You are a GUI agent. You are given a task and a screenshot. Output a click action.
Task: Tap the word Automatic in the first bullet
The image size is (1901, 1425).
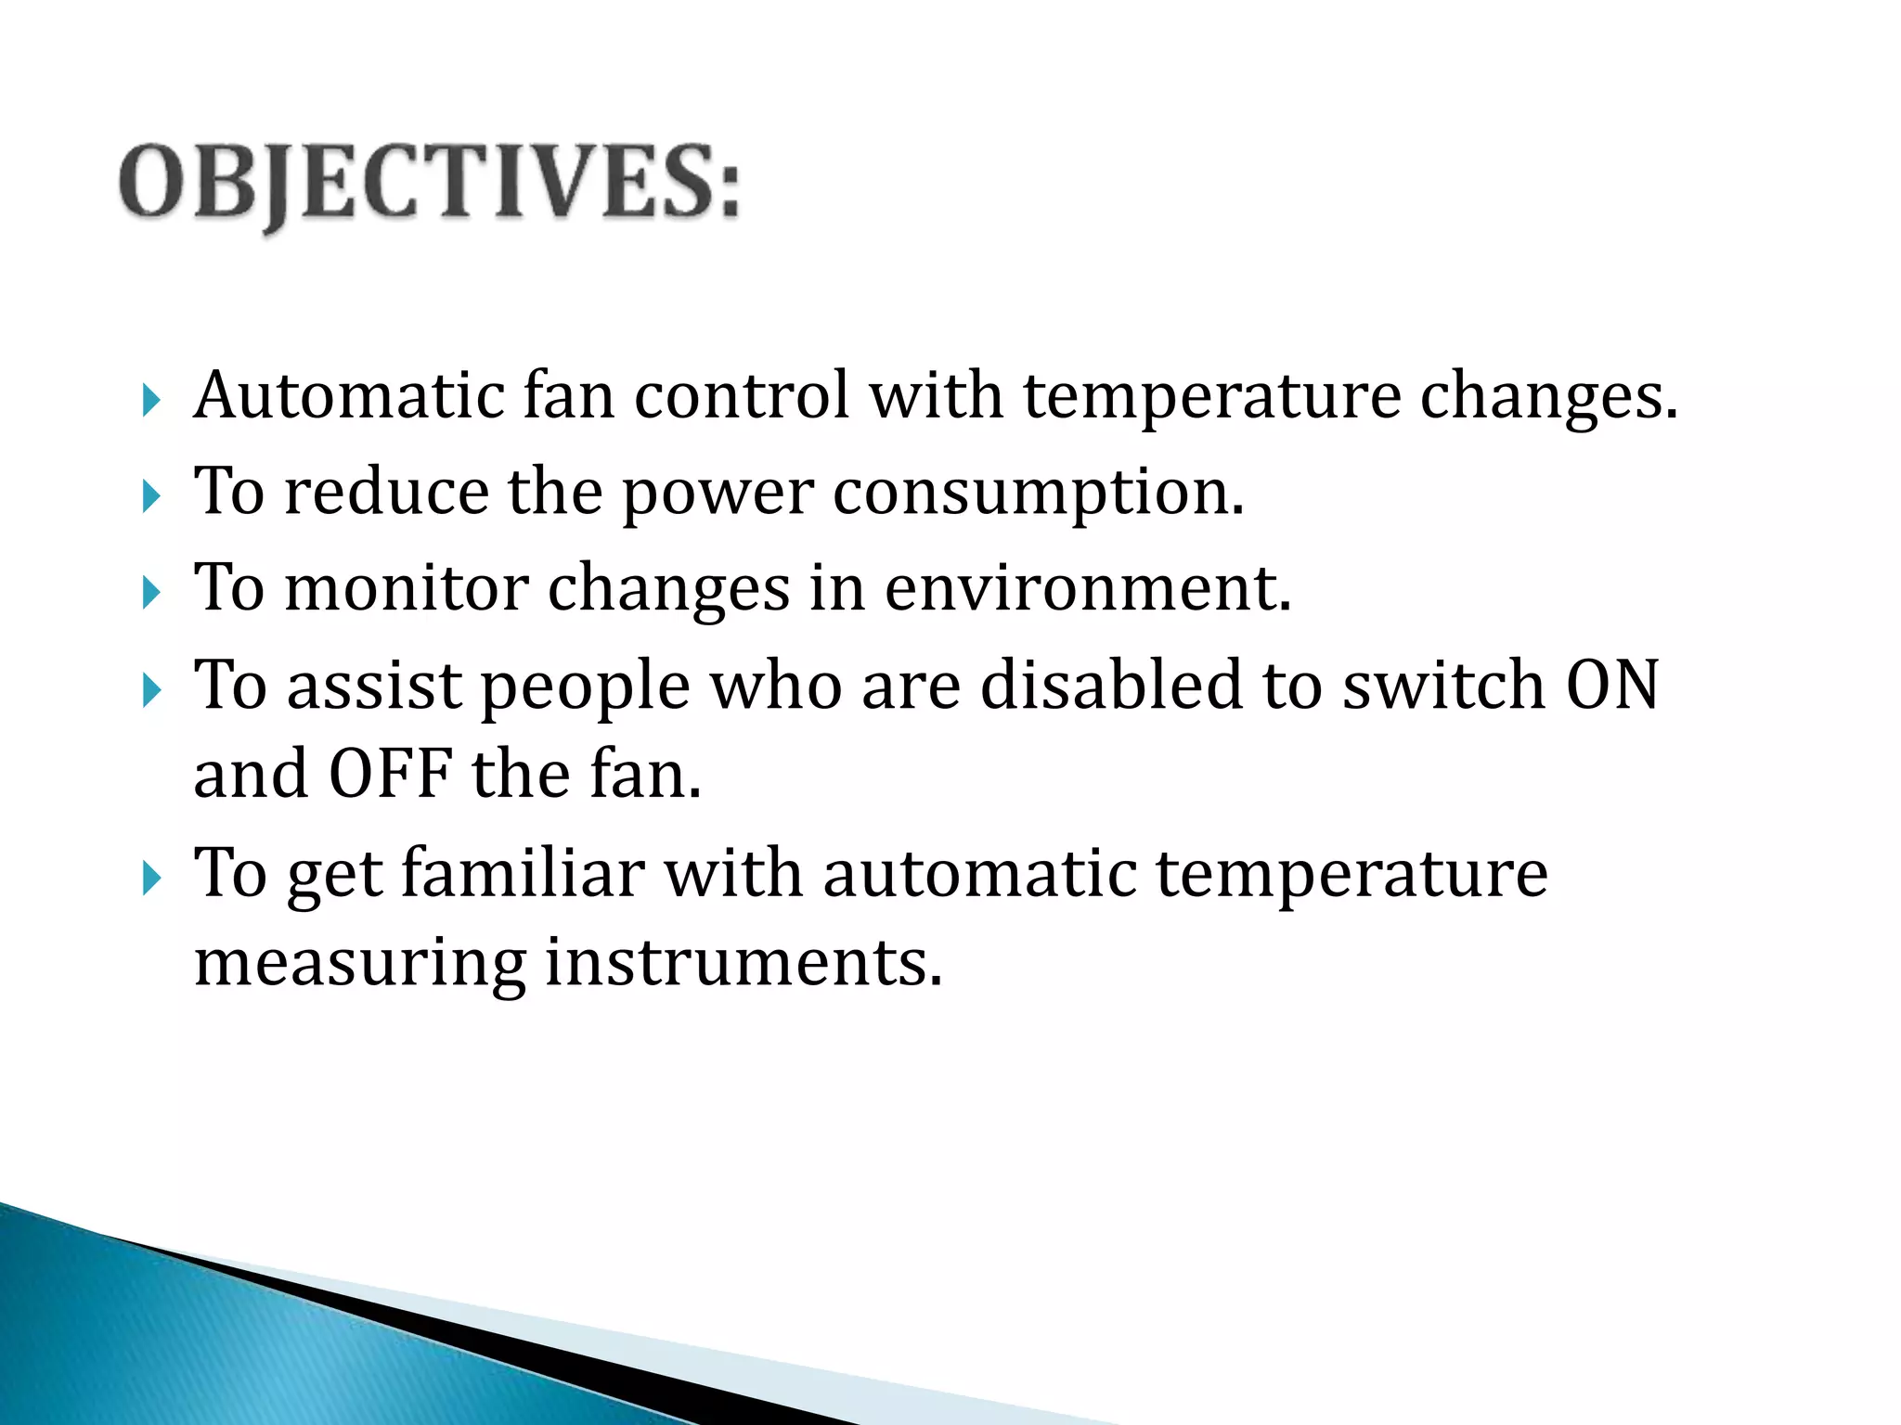click(x=348, y=396)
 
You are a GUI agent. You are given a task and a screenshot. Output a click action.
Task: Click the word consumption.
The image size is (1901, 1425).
click(x=1037, y=494)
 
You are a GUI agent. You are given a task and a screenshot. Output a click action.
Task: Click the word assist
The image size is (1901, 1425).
click(x=374, y=686)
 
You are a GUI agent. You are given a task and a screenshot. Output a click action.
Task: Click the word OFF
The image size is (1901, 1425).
click(x=390, y=775)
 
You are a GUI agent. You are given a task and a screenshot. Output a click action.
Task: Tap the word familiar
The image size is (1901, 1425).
click(x=523, y=874)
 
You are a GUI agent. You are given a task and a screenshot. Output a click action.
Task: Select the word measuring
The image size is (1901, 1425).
click(x=359, y=965)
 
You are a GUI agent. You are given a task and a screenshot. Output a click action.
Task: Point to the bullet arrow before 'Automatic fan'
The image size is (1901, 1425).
click(x=151, y=401)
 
